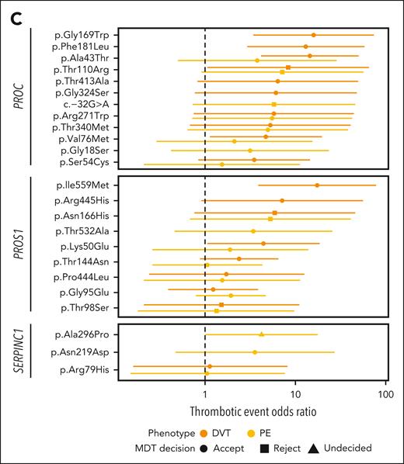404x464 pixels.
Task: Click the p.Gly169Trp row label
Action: (86, 35)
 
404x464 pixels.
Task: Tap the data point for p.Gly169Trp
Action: (314, 35)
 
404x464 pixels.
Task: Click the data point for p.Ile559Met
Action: (317, 185)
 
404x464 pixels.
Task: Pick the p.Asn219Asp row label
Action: (85, 352)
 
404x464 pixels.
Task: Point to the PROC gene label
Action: (18, 97)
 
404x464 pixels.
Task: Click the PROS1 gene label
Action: (18, 248)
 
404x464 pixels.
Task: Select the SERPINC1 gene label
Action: (18, 353)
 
